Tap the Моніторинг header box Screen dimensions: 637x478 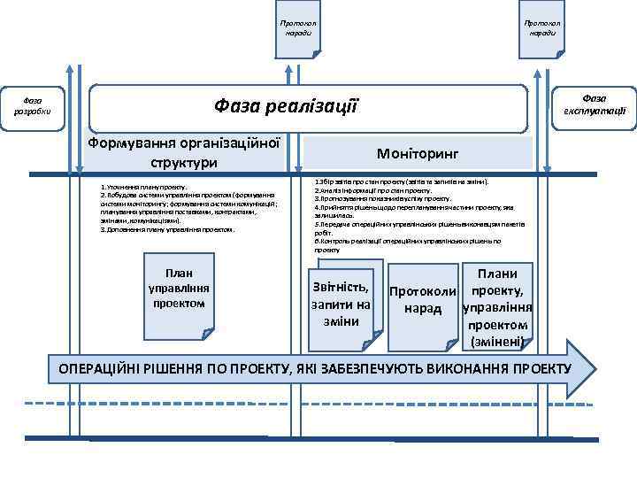tap(418, 152)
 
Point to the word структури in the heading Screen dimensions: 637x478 tap(185, 163)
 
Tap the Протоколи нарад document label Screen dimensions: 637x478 tap(422, 300)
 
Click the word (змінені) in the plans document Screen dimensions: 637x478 tap(498, 342)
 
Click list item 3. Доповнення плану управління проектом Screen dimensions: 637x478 tap(167, 229)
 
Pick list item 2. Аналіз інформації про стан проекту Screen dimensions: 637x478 tap(372, 190)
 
